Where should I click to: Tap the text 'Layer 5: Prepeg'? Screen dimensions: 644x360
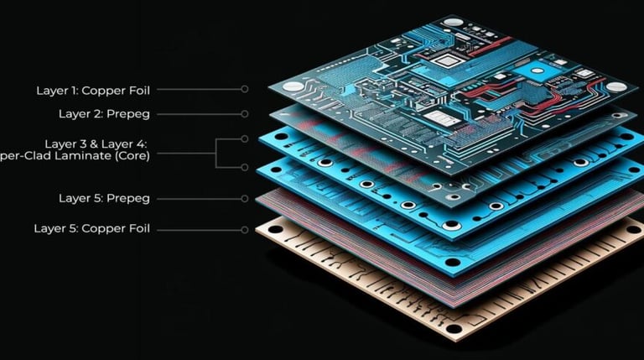pyautogui.click(x=104, y=199)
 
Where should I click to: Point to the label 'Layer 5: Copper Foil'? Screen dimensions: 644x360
pyautogui.click(x=92, y=228)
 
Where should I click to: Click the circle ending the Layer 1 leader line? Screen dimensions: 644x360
pyautogui.click(x=245, y=88)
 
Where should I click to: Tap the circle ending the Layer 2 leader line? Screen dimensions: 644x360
pyautogui.click(x=245, y=113)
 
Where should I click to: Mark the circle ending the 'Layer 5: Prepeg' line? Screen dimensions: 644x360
pyautogui.click(x=245, y=199)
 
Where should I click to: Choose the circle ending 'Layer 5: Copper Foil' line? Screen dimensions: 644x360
pyautogui.click(x=245, y=228)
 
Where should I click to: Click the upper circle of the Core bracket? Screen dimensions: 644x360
pyautogui.click(x=245, y=138)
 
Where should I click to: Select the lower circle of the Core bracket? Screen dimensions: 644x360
pyautogui.click(x=245, y=167)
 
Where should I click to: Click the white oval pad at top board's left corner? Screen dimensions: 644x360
pyautogui.click(x=293, y=86)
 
